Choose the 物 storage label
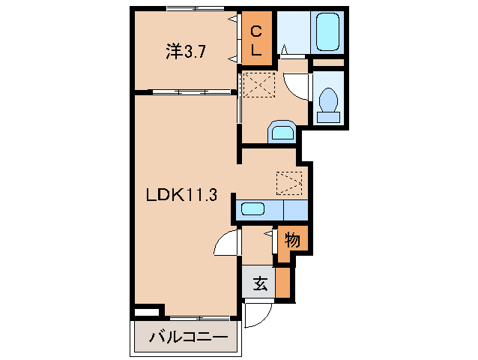[x=291, y=241]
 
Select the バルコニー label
[x=187, y=337]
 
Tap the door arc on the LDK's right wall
[x=225, y=244]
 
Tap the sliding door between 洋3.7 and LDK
[x=191, y=92]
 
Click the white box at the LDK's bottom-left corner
[x=148, y=310]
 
